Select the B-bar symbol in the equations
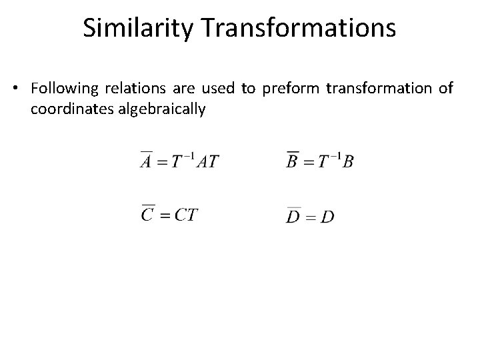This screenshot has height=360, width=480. click(x=292, y=162)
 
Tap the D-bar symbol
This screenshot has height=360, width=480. click(x=293, y=217)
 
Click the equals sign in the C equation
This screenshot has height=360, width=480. click(x=163, y=216)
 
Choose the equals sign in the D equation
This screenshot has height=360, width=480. click(x=310, y=217)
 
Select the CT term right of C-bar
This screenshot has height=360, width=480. click(x=186, y=215)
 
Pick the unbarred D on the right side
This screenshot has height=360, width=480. click(x=327, y=217)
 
